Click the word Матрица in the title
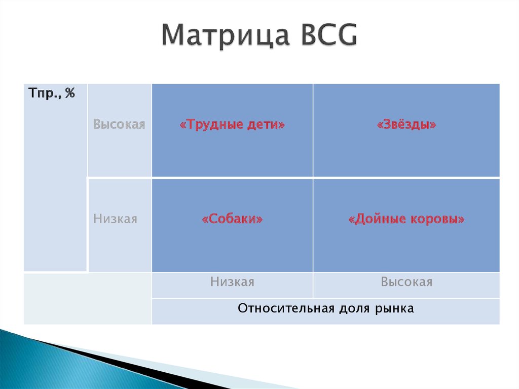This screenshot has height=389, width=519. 225,36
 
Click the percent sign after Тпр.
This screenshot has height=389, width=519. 70,93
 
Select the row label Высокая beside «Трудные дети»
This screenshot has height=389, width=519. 119,124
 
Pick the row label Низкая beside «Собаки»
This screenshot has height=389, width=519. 115,219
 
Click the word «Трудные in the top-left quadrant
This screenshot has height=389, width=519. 211,125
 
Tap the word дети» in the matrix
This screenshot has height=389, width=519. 266,125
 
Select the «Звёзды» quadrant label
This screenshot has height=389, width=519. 406,125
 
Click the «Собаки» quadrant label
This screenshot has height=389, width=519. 232,219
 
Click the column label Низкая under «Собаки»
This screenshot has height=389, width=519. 232,281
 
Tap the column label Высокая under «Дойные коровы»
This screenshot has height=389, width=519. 406,281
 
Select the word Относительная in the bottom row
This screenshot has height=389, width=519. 286,308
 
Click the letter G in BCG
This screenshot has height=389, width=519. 347,35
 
